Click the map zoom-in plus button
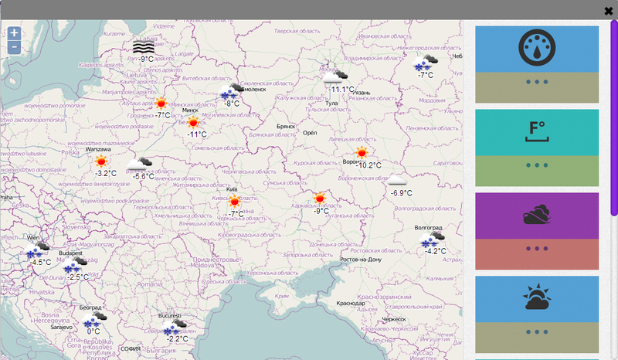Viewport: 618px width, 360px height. click(14, 33)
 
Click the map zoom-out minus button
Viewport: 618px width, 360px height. click(14, 48)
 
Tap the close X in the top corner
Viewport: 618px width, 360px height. click(609, 11)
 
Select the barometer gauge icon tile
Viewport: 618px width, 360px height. click(537, 49)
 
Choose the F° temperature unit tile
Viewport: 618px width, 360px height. click(537, 131)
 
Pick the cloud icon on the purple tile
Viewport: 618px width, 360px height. click(537, 215)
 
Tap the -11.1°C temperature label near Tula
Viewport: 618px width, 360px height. click(341, 89)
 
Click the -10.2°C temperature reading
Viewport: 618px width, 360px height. click(369, 165)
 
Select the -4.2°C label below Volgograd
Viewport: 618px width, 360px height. click(436, 251)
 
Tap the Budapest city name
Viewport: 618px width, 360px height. click(70, 253)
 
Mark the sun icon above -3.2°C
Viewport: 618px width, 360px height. click(101, 161)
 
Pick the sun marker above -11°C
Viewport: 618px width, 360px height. click(193, 122)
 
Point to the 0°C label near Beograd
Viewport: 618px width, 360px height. click(93, 331)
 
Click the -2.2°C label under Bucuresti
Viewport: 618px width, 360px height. click(177, 338)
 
